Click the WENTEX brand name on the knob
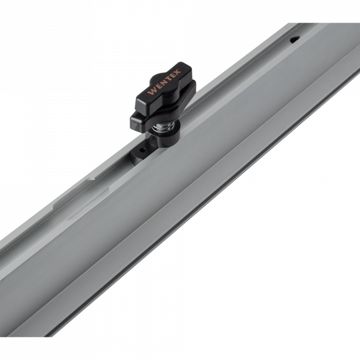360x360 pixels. [164, 82]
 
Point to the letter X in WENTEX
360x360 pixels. [177, 73]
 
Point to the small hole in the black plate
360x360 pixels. [143, 151]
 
